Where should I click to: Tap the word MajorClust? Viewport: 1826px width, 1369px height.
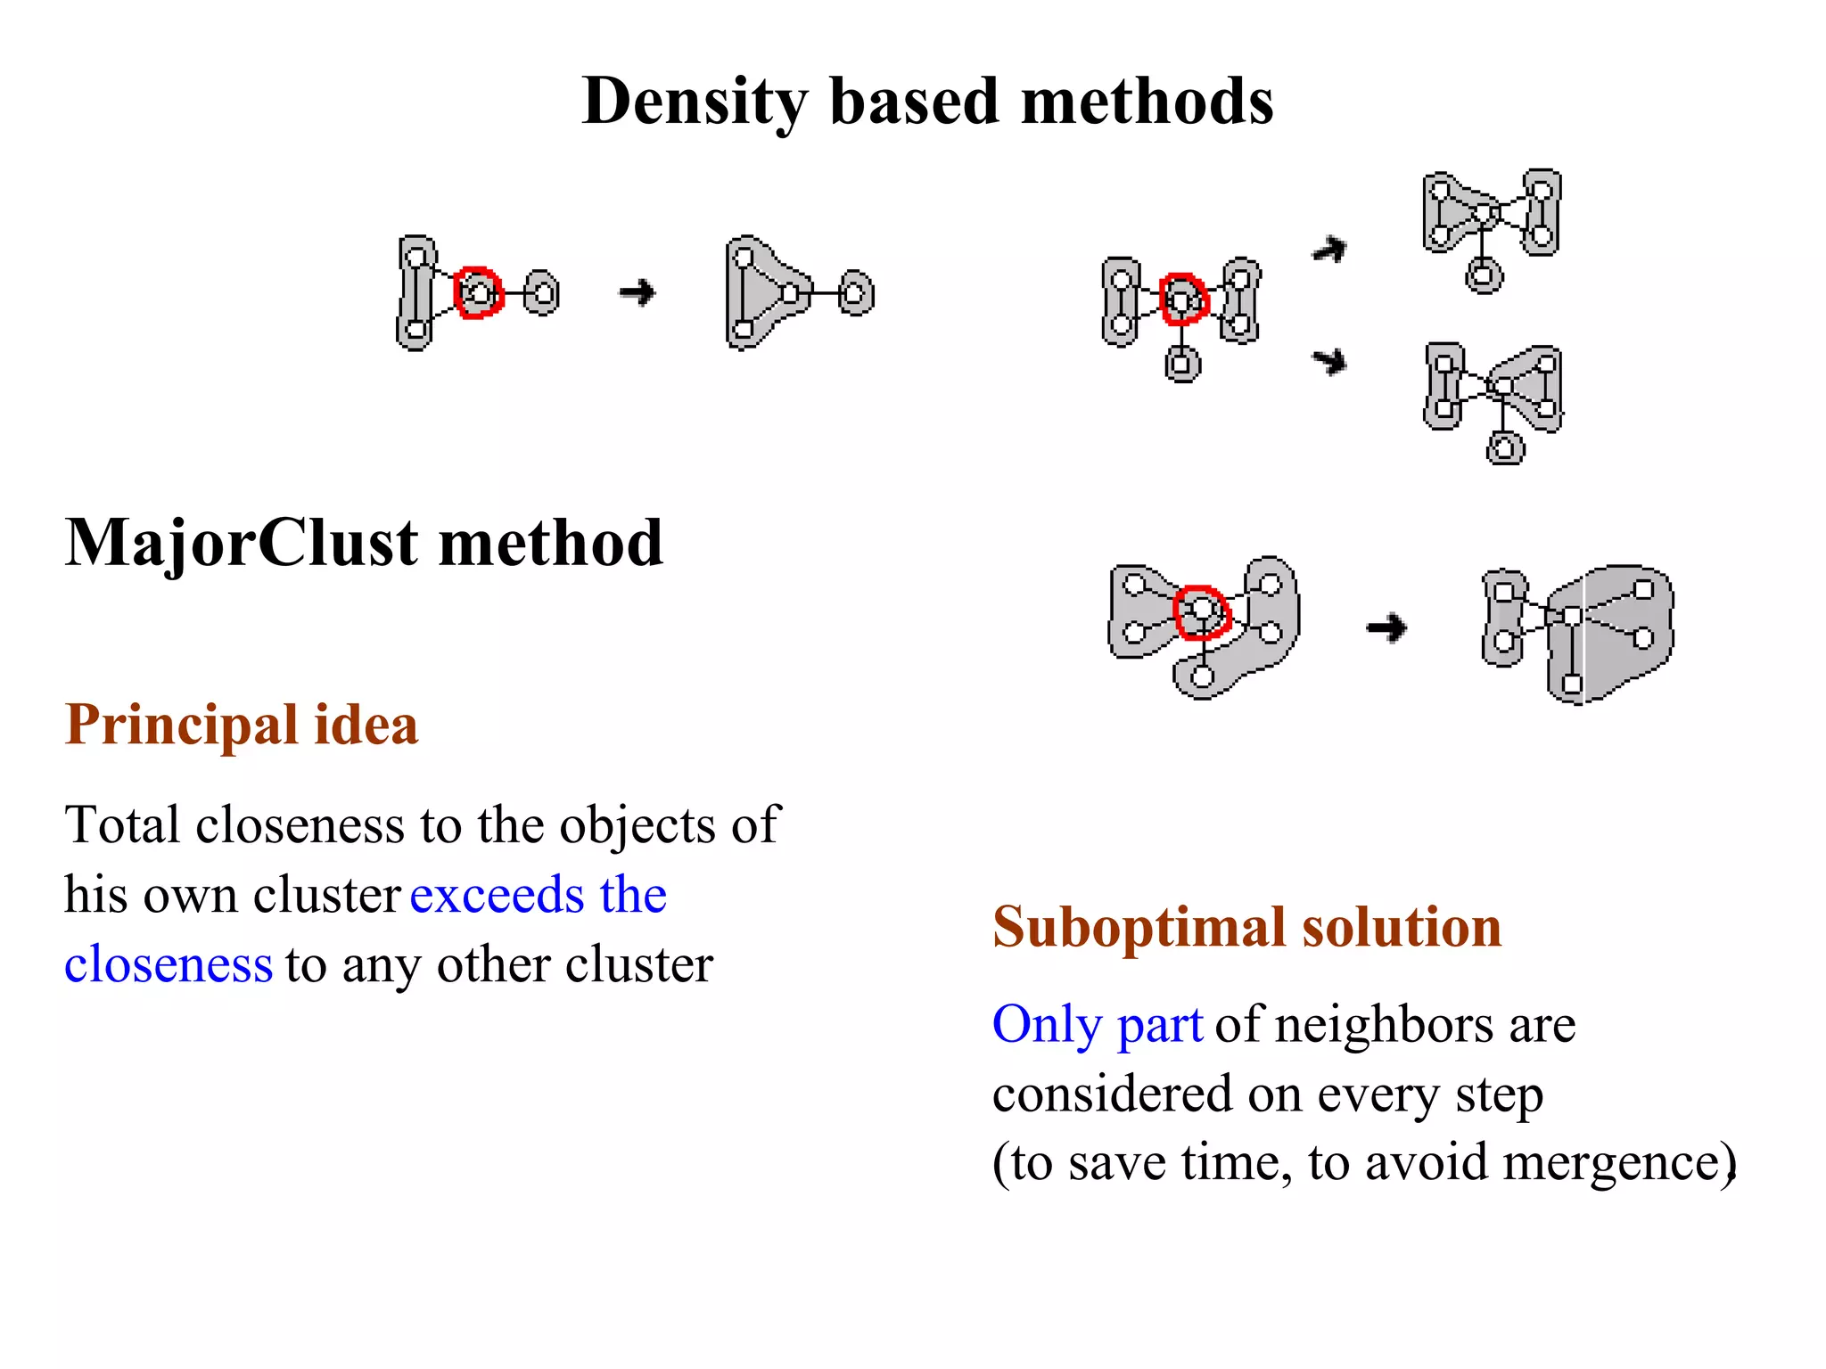coord(242,543)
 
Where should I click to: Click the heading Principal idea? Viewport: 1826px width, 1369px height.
coord(242,724)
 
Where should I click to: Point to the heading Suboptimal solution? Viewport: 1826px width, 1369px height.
coord(1246,927)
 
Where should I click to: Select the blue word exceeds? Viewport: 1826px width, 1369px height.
coord(496,895)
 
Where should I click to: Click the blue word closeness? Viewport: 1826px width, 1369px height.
coord(168,964)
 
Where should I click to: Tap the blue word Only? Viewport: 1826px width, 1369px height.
coord(1048,1024)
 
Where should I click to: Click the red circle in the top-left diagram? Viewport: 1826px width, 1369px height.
coord(478,292)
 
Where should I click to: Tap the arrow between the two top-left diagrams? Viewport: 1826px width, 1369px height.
coord(637,292)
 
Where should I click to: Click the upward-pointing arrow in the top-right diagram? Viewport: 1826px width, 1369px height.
coord(1329,250)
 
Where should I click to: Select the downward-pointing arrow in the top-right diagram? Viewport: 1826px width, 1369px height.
coord(1329,361)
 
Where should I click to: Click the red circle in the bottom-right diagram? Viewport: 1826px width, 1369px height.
coord(1202,612)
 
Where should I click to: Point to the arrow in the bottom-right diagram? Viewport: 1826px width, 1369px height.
coord(1386,627)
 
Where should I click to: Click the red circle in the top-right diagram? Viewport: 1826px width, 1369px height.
coord(1183,299)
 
